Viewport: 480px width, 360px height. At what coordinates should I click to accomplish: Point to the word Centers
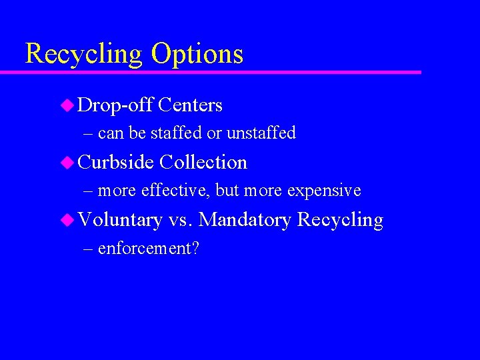coord(191,105)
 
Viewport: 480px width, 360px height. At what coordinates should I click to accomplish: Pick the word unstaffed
coord(261,133)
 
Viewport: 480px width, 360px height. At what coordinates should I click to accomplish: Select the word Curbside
coord(116,163)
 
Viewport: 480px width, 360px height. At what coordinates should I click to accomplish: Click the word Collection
coord(203,163)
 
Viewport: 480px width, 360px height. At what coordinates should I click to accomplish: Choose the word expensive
coord(324,191)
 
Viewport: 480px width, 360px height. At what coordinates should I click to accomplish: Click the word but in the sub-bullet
coord(227,191)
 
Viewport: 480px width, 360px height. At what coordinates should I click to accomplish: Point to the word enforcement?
coord(149,249)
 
